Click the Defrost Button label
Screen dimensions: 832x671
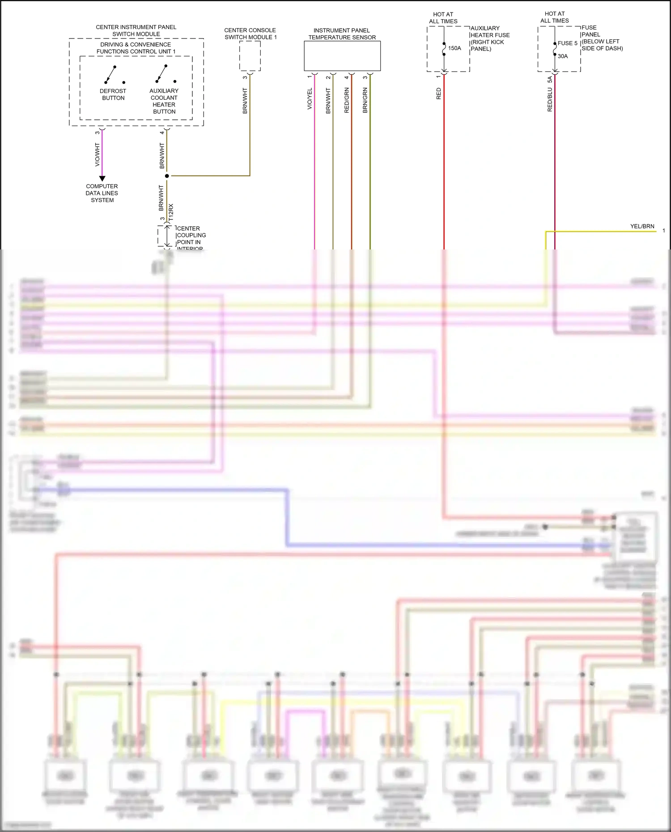click(113, 94)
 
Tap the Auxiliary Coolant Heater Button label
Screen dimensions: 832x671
click(164, 101)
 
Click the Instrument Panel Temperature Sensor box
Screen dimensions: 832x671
click(342, 56)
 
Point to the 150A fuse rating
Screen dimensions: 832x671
click(454, 48)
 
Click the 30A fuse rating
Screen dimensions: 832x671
click(563, 56)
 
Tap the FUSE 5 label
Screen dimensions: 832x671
click(567, 43)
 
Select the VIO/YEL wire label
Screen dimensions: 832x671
click(310, 98)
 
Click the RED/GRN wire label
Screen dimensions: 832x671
click(347, 100)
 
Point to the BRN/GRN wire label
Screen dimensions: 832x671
click(365, 100)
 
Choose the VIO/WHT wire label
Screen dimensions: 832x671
click(98, 155)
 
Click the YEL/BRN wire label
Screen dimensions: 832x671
click(642, 226)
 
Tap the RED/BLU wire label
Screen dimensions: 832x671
click(550, 99)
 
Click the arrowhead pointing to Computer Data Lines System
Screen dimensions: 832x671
click(102, 178)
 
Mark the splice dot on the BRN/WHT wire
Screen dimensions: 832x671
click(167, 176)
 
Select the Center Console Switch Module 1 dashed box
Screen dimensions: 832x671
click(250, 56)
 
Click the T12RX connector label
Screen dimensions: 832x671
click(171, 213)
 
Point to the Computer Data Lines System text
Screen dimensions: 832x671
click(102, 193)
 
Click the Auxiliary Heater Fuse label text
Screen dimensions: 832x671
click(489, 38)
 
